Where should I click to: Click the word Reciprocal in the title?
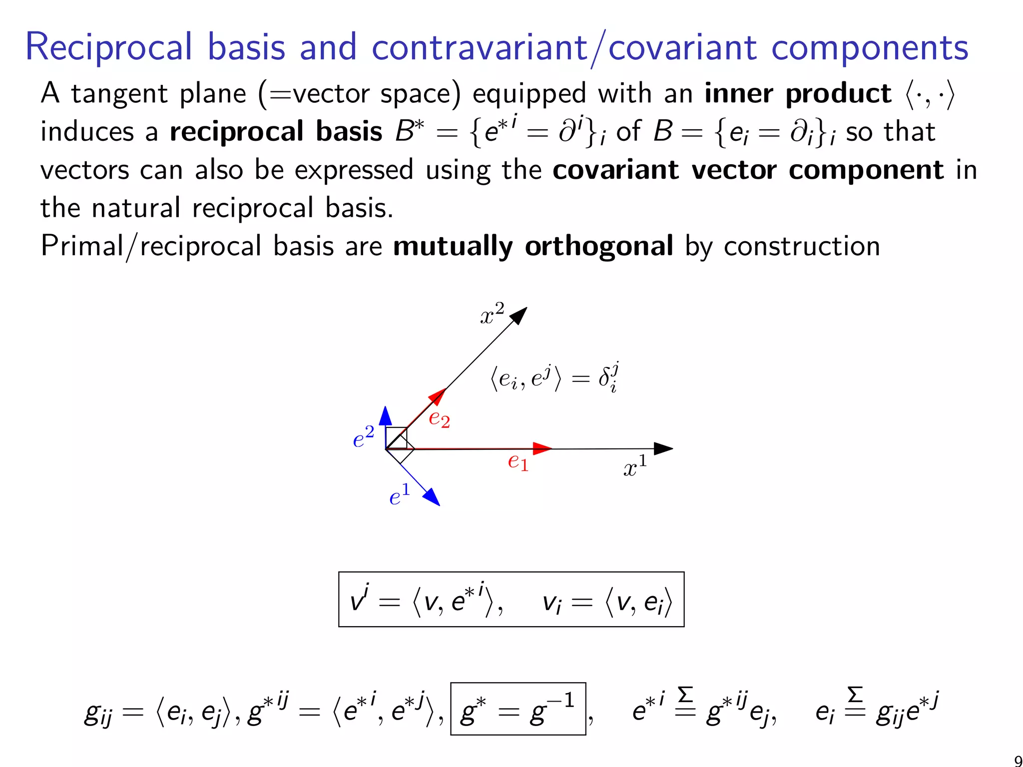[108, 48]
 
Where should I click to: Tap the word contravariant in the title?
[479, 48]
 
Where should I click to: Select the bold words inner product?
[798, 94]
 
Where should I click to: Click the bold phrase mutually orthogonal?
[533, 246]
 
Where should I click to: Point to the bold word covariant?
[616, 170]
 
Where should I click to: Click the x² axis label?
[492, 314]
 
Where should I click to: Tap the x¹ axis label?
[635, 466]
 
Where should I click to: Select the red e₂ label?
[440, 418]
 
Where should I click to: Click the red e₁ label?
[518, 461]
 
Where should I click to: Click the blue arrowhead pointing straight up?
[385, 415]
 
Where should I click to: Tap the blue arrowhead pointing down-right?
[432, 497]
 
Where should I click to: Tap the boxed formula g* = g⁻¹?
[518, 709]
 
